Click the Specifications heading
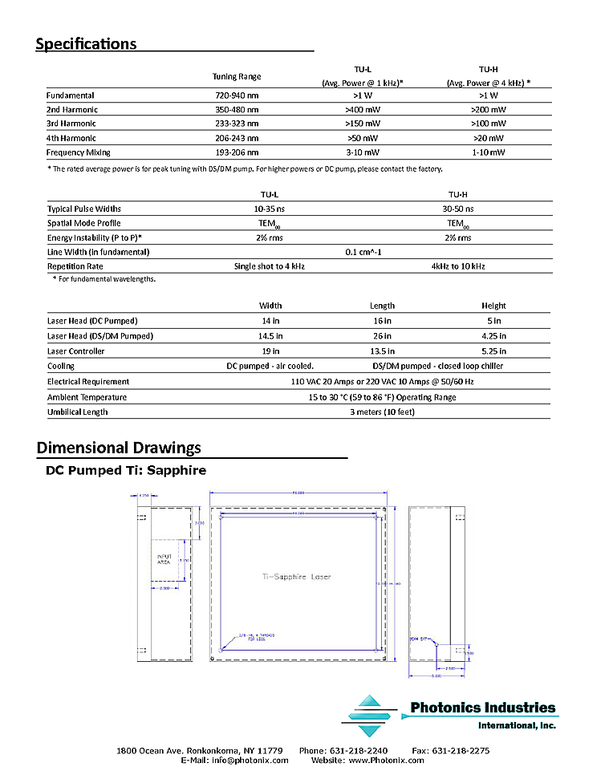[86, 44]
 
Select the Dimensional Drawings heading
[119, 448]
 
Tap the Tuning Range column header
[236, 77]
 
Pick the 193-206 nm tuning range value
[236, 152]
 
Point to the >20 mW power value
[488, 138]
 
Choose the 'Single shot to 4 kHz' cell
[270, 266]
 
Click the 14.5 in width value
[270, 336]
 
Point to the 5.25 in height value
[493, 351]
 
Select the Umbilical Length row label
[77, 412]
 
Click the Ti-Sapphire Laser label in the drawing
[297, 577]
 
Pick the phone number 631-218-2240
[376, 751]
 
